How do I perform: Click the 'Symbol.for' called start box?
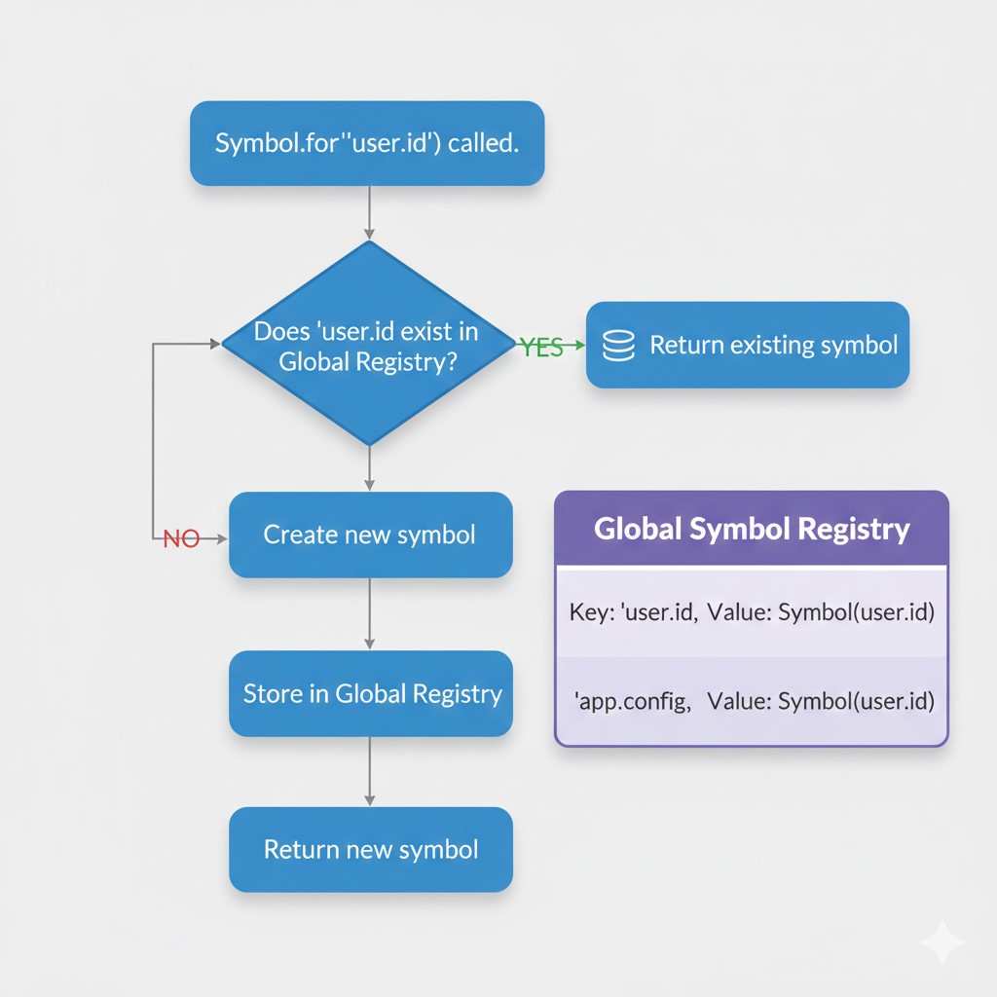click(x=366, y=143)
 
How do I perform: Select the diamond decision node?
click(x=368, y=345)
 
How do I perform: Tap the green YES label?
click(x=541, y=347)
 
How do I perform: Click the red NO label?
click(x=181, y=538)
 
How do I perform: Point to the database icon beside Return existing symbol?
click(x=619, y=346)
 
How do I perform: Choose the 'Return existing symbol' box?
click(x=747, y=346)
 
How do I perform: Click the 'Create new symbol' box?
click(x=370, y=535)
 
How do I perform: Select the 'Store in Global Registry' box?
click(x=370, y=693)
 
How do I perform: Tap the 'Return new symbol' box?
click(x=370, y=849)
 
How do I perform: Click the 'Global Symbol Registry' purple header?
click(x=751, y=529)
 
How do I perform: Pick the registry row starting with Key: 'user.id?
click(x=751, y=612)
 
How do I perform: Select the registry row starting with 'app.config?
click(x=751, y=701)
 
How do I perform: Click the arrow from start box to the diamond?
click(x=369, y=212)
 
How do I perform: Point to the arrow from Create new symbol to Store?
click(x=369, y=614)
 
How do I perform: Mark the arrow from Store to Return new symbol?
click(x=369, y=771)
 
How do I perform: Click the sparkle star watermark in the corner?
click(x=942, y=942)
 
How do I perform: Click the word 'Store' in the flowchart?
click(x=273, y=693)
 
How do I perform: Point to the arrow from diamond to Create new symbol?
click(x=369, y=469)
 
